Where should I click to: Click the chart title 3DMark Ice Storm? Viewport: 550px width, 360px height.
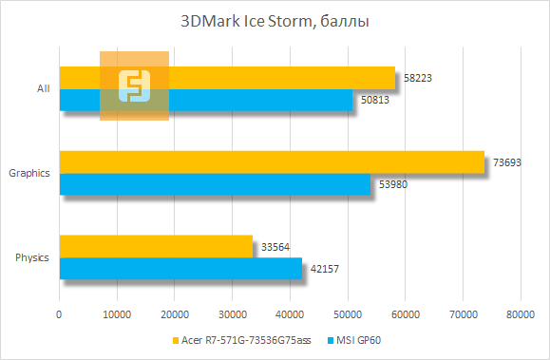click(275, 20)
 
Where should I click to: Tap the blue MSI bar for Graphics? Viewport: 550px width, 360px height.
click(215, 183)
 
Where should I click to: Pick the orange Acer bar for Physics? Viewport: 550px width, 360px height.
click(156, 246)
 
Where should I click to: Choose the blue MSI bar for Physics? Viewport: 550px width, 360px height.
click(180, 268)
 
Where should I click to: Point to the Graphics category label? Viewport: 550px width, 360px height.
click(28, 173)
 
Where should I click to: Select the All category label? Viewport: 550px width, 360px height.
click(43, 88)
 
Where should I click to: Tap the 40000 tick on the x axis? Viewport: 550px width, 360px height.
click(290, 313)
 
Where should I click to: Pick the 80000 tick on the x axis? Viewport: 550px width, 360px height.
click(520, 313)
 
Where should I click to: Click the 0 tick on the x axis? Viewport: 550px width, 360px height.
click(60, 313)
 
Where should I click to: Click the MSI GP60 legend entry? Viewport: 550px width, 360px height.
click(360, 340)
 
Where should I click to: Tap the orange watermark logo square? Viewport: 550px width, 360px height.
click(135, 85)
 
